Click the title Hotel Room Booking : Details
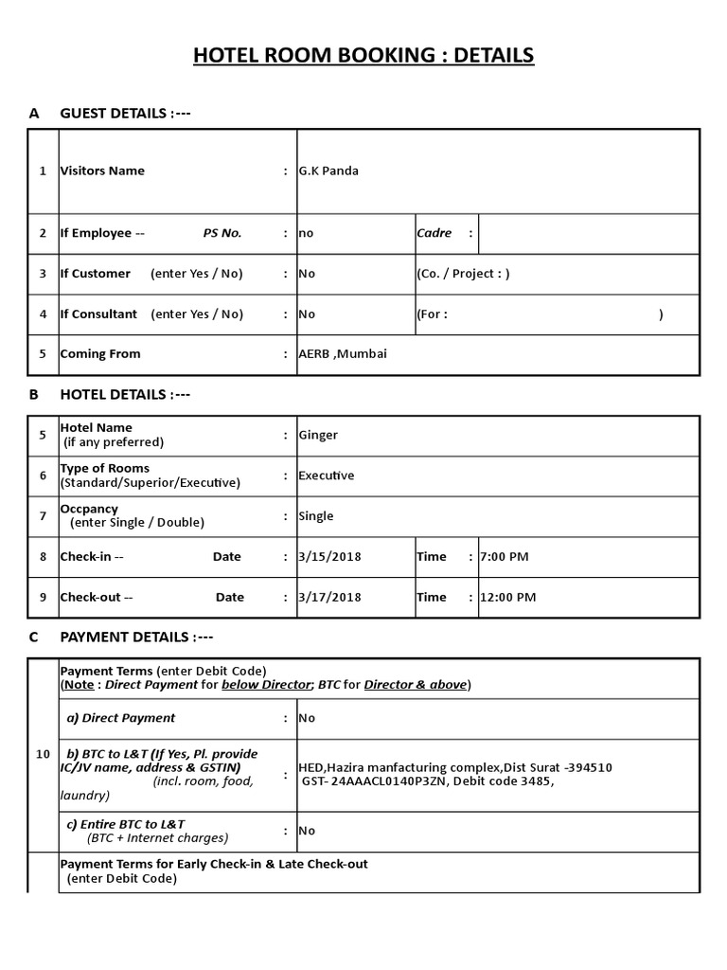[x=363, y=56]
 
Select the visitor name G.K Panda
[x=328, y=171]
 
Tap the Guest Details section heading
[x=125, y=114]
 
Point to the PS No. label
[x=222, y=233]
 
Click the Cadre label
[x=434, y=233]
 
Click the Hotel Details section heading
[x=125, y=395]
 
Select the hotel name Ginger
[x=318, y=435]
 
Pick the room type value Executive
[x=327, y=476]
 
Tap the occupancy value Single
[x=316, y=516]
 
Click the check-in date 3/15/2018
[x=329, y=557]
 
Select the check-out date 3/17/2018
[x=329, y=598]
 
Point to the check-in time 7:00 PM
[x=505, y=557]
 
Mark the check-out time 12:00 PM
[x=508, y=598]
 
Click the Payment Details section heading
[x=136, y=638]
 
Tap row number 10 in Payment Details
[x=43, y=754]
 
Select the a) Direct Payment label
[x=120, y=718]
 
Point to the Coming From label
[x=100, y=354]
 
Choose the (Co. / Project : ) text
[x=463, y=274]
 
